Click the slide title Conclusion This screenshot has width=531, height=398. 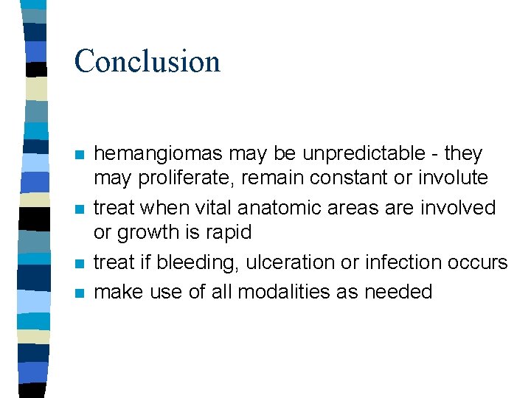[147, 61]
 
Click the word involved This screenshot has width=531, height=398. [457, 209]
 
